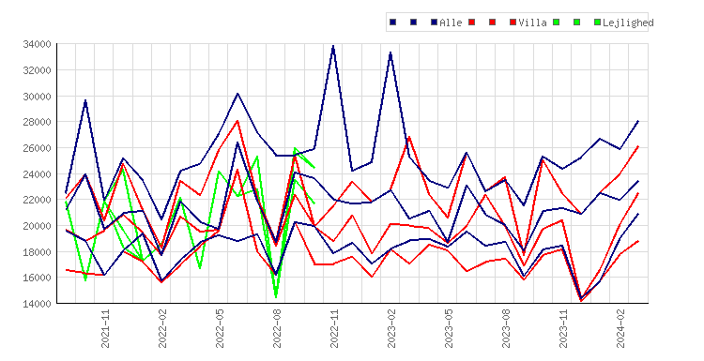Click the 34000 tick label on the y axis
[37, 44]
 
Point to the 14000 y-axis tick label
[37, 304]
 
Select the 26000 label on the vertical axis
[37, 148]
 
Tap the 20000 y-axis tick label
[37, 226]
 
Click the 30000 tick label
[37, 96]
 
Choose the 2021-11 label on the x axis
[105, 329]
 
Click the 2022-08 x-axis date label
[278, 329]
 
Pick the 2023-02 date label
[392, 329]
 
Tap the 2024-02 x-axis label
[621, 329]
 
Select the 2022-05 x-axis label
[220, 329]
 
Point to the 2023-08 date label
[507, 329]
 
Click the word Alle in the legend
[451, 23]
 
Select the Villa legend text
[532, 23]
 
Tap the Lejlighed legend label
[628, 23]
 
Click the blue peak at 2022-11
[332, 46]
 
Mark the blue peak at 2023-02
[390, 53]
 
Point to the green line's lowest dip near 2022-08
[276, 297]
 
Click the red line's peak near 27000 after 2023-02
[409, 137]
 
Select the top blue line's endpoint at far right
[638, 121]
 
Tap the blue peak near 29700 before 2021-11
[85, 100]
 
